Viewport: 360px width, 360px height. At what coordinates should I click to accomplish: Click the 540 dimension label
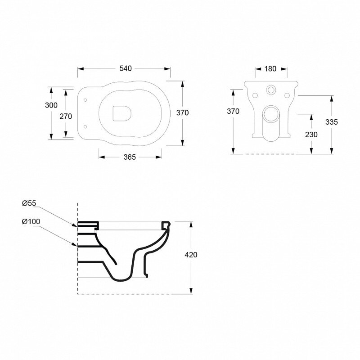(126, 68)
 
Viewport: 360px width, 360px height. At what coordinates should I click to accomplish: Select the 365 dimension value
(130, 157)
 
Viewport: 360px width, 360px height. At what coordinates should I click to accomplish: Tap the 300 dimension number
(51, 105)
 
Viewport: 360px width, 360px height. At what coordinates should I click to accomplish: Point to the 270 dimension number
(66, 117)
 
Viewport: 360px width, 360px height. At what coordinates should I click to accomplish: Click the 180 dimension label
(270, 69)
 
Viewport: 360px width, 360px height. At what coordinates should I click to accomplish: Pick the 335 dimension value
(332, 122)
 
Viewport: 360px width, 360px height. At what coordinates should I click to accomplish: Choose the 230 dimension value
(311, 135)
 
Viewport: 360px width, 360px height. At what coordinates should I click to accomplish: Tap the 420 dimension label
(191, 255)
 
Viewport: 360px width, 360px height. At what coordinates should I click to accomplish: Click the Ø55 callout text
(29, 203)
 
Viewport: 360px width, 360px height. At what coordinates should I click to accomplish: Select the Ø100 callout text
(31, 221)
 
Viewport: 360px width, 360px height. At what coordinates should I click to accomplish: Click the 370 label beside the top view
(183, 113)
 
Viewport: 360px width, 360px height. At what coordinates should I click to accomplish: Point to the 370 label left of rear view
(233, 111)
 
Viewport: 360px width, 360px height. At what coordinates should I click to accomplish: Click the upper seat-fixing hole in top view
(85, 100)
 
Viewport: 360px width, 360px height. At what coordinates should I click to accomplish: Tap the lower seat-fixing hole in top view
(85, 127)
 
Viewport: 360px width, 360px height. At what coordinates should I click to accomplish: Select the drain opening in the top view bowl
(121, 113)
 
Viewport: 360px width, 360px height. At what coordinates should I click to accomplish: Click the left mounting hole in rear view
(255, 95)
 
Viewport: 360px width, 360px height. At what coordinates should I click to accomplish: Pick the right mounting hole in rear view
(287, 95)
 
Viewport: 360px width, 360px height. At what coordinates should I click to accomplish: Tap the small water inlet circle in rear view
(271, 89)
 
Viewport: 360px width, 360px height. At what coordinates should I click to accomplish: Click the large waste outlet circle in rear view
(271, 113)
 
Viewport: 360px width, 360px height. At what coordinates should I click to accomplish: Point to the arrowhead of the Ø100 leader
(76, 245)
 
